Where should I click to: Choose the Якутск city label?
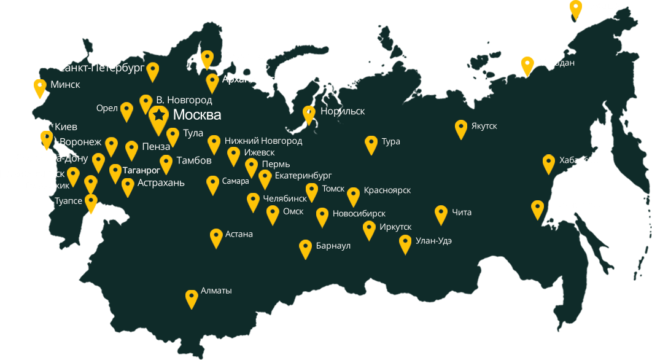(x=484, y=127)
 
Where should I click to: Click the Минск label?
(x=65, y=85)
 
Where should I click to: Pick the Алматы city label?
(x=216, y=291)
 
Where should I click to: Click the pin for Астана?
(x=215, y=237)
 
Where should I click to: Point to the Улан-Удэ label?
(x=433, y=241)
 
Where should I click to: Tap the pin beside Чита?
(x=441, y=213)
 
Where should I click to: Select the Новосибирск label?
(x=359, y=214)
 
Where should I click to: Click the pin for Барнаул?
(x=305, y=248)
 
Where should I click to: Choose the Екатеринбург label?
(x=303, y=176)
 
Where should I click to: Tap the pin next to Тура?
(x=371, y=143)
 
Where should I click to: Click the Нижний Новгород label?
(x=263, y=141)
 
